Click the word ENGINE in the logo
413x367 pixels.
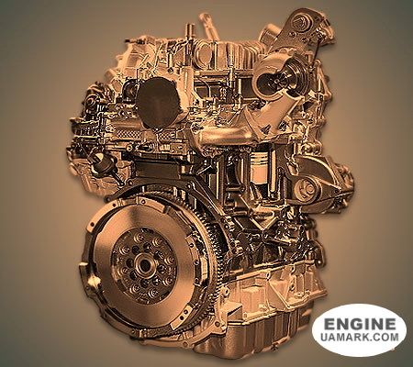[360, 324]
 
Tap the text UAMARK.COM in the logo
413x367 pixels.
[360, 337]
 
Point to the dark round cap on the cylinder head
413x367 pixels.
[159, 102]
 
